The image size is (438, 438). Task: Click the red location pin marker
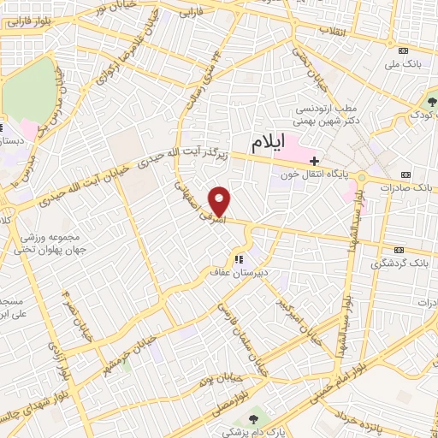pos(221,201)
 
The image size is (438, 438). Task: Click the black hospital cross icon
pos(315,160)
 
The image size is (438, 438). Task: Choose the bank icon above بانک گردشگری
pos(398,249)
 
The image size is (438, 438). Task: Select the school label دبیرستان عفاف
pos(239,273)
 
